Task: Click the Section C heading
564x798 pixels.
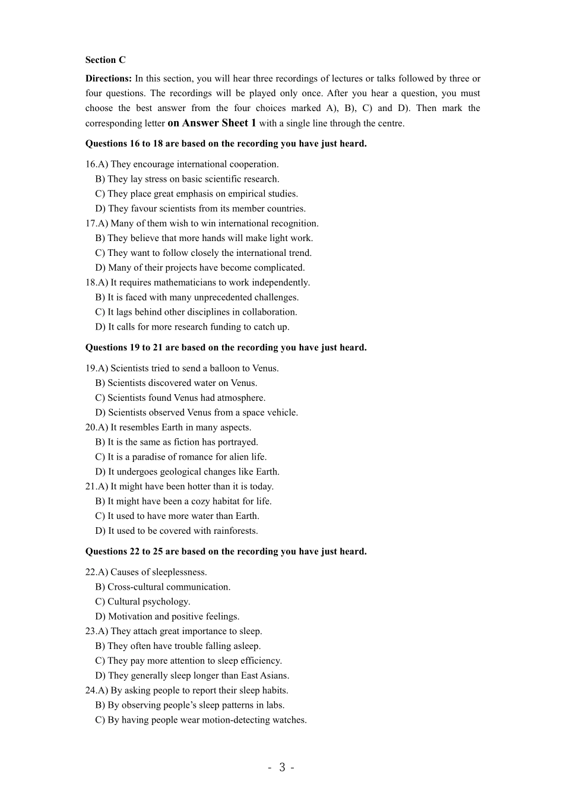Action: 105,60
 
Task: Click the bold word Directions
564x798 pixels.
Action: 109,78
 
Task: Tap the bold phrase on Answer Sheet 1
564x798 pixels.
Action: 212,123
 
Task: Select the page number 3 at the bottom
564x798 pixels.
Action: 282,767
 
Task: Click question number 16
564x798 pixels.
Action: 91,164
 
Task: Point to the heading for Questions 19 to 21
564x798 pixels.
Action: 226,348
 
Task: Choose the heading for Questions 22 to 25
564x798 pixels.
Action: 226,552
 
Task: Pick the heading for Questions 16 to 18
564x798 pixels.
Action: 226,144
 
